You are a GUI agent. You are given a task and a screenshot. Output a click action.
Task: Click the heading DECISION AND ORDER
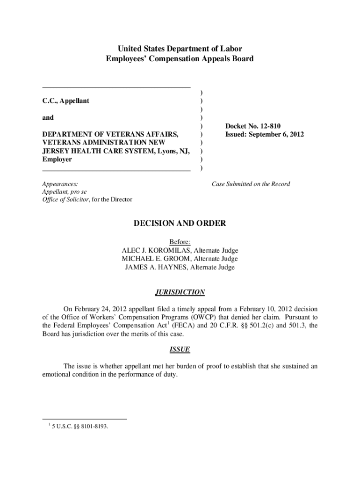coord(180,224)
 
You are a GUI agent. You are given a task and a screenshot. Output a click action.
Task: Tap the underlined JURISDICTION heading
coord(180,292)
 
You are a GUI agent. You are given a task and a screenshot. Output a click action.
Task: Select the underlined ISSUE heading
coord(180,350)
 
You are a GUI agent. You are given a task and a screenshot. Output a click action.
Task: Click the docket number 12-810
coord(272,126)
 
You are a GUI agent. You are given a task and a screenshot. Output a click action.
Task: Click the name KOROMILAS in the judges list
coord(164,250)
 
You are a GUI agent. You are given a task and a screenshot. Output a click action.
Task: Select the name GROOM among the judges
coord(176,259)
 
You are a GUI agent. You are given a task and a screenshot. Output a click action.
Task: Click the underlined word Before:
coord(180,241)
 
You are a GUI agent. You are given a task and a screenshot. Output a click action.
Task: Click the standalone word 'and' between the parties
coord(48,118)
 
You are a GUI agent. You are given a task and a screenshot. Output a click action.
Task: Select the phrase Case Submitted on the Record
coord(251,184)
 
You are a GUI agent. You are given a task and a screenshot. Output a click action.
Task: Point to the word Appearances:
coord(60,184)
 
